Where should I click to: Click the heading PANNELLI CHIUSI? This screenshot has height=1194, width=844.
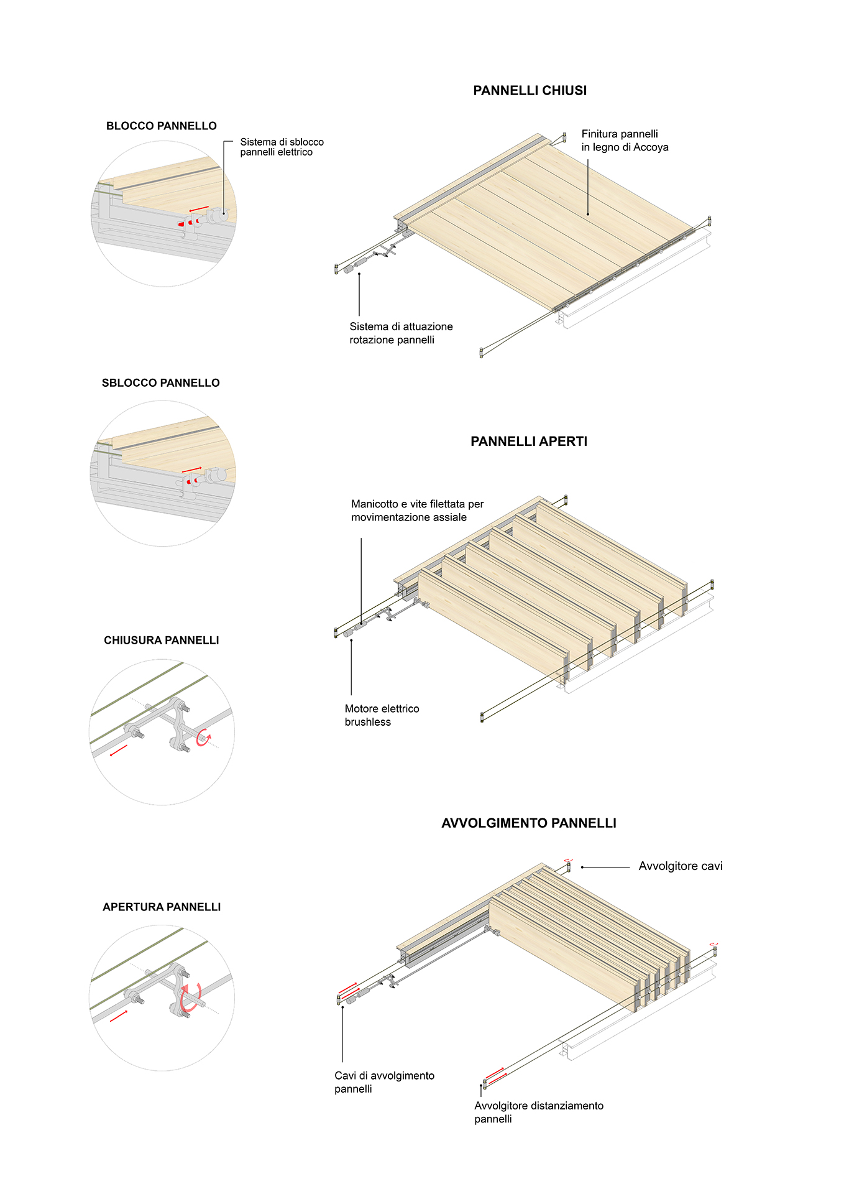(530, 91)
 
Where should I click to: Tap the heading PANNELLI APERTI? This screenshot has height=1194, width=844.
(528, 442)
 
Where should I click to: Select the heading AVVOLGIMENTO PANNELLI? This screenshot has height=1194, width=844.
(528, 823)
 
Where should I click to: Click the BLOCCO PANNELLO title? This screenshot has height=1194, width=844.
(161, 126)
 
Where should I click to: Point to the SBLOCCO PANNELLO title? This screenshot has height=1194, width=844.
(160, 383)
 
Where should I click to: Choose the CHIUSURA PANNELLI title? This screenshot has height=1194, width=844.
(161, 641)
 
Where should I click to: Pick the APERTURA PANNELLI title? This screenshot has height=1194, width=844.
(162, 907)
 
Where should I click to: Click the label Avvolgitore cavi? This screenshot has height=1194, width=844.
(680, 866)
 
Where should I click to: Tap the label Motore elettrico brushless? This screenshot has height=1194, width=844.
(382, 715)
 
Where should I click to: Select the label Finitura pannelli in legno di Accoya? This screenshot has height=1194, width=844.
(624, 141)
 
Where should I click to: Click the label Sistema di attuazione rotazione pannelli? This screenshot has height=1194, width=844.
(401, 333)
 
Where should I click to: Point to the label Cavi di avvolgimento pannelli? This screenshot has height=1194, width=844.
(384, 1082)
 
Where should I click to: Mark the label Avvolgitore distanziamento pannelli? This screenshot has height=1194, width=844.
(538, 1112)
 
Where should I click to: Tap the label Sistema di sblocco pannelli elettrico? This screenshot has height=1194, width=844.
(282, 147)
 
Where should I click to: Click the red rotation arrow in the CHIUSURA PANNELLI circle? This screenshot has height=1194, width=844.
(203, 739)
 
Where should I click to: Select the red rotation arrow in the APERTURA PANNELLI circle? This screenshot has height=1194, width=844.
(190, 997)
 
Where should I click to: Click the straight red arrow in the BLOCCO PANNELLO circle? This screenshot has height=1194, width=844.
(199, 208)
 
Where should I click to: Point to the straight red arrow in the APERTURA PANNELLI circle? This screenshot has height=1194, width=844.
(119, 1016)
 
